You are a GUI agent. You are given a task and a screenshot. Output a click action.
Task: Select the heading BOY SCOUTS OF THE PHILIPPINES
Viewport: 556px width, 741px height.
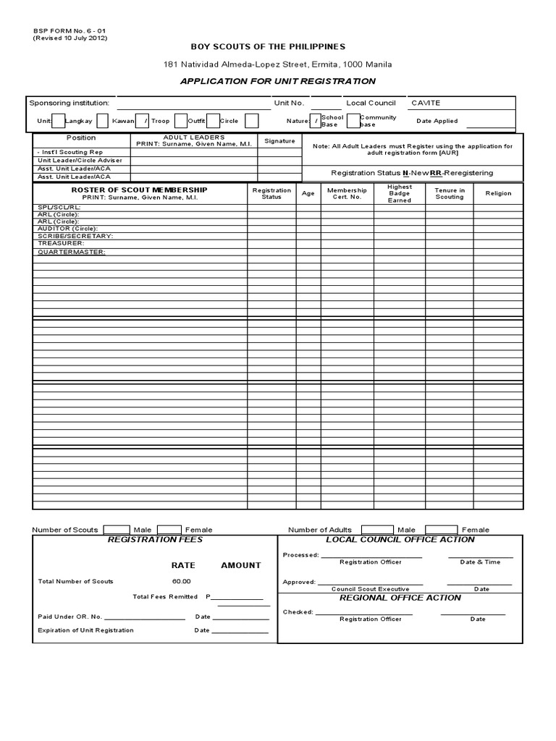pos(278,46)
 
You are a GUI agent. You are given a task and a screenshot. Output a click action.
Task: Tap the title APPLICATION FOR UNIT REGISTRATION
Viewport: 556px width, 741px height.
pos(278,81)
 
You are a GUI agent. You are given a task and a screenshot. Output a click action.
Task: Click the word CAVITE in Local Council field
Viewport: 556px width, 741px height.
pos(426,103)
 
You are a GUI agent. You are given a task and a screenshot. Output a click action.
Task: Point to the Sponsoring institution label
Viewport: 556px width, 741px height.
pos(69,103)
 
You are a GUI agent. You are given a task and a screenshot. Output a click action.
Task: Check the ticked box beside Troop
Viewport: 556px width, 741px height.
pos(146,121)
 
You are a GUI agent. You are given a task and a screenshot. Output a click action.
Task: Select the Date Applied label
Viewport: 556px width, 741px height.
pos(437,121)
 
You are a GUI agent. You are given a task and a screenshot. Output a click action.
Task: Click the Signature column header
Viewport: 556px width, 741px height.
pos(279,141)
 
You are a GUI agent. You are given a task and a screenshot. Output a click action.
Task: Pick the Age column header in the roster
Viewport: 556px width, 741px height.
pos(308,194)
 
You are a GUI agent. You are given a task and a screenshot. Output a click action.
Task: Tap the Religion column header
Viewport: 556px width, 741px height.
pos(498,193)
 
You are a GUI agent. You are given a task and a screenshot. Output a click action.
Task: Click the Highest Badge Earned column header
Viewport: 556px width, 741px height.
pos(399,193)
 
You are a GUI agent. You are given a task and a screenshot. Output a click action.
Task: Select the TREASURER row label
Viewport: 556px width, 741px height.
pos(60,243)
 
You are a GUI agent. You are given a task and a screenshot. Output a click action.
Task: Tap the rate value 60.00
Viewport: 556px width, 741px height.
pos(181,581)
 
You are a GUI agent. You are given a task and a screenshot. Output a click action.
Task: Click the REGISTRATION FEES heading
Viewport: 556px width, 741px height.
pos(155,540)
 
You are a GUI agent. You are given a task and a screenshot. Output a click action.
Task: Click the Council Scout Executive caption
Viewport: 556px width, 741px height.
pos(370,589)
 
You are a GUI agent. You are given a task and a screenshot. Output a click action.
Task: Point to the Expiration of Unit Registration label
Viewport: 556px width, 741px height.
pos(85,630)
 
